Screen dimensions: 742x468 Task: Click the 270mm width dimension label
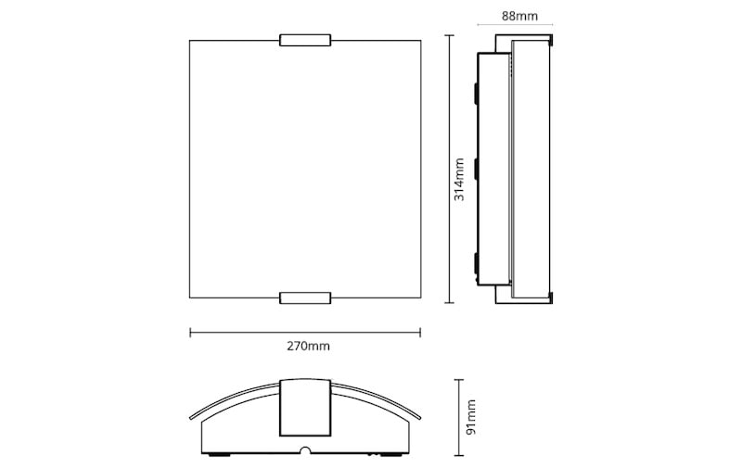point(308,346)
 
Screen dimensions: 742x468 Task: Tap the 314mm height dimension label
point(459,179)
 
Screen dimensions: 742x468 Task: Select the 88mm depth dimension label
point(519,16)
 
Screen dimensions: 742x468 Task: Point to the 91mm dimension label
point(470,417)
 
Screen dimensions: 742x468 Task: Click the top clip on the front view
point(305,40)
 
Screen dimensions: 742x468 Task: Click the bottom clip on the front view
point(305,297)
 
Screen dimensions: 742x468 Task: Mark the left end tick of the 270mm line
point(190,333)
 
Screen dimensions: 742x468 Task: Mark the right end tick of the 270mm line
point(420,333)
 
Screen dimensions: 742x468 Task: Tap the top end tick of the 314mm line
point(449,35)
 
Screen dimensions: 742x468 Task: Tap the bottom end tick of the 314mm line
point(449,302)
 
